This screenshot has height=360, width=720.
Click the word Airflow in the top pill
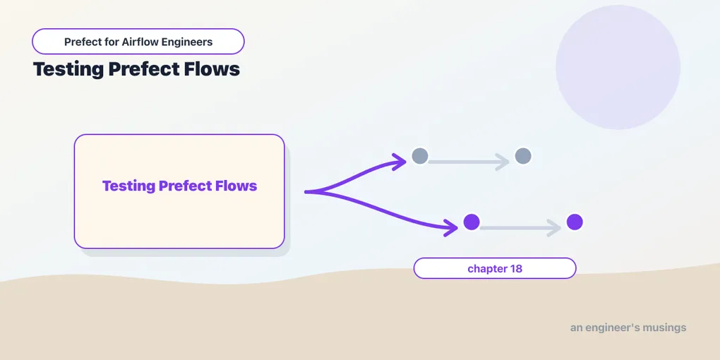138,42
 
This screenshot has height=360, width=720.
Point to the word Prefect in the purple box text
186,186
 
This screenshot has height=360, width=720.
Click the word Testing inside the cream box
128,186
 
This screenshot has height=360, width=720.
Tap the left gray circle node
420,156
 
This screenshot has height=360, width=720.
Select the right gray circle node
523,156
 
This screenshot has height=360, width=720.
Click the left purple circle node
472,222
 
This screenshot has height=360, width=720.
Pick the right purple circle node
575,222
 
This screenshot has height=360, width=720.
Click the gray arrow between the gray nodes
469,162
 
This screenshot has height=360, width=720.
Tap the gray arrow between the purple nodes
520,228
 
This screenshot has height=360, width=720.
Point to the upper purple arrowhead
400,161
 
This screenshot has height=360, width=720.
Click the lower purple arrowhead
451,227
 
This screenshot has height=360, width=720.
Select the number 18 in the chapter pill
516,269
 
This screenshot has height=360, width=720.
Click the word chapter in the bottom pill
487,269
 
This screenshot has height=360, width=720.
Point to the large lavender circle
618,67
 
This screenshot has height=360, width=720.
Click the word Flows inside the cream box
236,186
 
